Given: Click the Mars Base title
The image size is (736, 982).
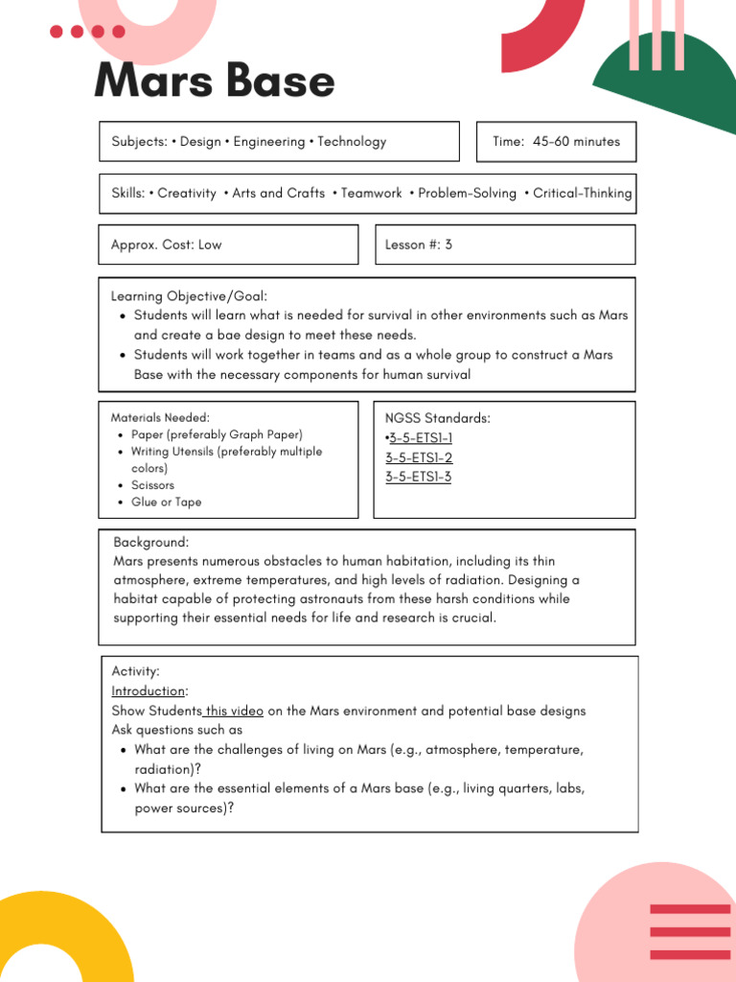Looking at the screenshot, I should click(214, 82).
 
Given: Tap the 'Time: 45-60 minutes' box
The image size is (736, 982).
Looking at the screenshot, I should click(556, 141).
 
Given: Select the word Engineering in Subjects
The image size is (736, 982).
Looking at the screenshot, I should click(269, 141).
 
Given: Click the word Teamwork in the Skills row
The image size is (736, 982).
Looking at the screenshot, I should click(372, 193).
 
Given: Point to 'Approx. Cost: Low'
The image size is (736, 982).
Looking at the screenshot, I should click(166, 245).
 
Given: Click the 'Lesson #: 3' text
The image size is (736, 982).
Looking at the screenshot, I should click(418, 245).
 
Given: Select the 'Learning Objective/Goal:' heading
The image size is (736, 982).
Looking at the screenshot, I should click(189, 296).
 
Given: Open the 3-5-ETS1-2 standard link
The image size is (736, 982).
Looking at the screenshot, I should click(419, 457).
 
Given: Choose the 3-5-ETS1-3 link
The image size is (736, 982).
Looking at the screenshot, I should click(419, 477).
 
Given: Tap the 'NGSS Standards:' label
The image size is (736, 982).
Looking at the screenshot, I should click(437, 418).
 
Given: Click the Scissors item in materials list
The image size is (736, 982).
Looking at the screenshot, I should click(152, 485).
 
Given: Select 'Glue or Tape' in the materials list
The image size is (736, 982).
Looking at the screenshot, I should click(166, 502).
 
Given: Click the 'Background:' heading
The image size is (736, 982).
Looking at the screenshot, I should click(150, 542).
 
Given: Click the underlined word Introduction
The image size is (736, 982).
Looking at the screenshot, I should click(148, 690).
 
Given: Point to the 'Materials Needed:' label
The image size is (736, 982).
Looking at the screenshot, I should click(160, 417).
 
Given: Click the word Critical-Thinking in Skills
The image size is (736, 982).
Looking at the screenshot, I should click(582, 193).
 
